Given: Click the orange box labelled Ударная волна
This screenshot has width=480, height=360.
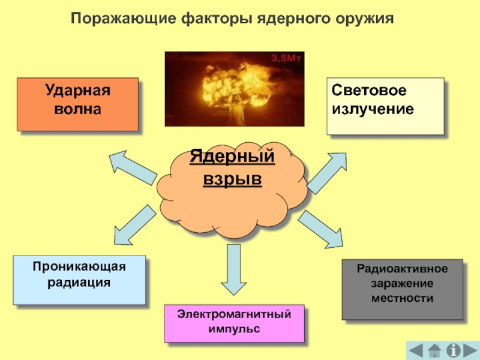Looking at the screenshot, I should click(77, 104).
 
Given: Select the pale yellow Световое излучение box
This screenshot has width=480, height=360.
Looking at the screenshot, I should click(385, 105).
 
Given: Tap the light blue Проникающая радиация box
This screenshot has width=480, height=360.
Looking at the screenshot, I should click(79, 280).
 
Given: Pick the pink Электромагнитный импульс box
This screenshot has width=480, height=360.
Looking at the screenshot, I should click(234, 323).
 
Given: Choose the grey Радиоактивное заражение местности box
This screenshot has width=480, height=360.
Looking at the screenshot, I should click(402, 289).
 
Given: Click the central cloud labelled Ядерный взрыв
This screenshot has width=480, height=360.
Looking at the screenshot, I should click(232, 186).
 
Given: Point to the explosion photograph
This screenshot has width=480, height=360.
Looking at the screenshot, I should click(234, 88).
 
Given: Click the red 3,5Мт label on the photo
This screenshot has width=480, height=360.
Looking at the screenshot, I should click(284, 58).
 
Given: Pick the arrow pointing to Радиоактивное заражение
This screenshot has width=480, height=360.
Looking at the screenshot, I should click(322, 229).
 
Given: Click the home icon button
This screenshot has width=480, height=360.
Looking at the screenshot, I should click(436, 350).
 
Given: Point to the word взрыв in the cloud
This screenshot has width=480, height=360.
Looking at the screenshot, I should click(232, 179).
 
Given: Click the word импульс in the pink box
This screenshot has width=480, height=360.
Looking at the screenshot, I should click(234, 329).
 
